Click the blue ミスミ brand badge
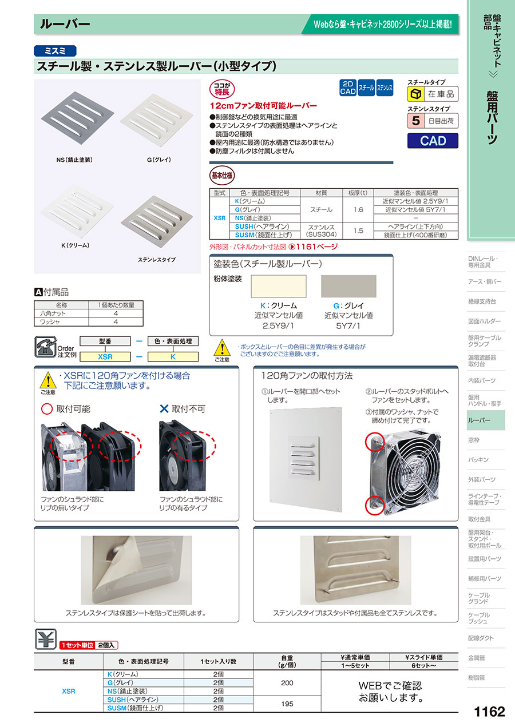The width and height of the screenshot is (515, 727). [55, 51]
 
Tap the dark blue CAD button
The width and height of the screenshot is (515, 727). [433, 141]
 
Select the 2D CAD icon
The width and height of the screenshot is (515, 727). [348, 88]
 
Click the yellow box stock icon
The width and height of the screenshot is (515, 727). [415, 94]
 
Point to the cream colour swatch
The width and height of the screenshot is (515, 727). [279, 286]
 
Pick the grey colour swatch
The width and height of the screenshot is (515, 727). [348, 286]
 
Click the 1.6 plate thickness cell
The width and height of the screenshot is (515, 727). [358, 210]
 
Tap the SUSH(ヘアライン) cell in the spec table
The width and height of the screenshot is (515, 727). [264, 227]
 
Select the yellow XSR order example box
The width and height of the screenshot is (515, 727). [105, 357]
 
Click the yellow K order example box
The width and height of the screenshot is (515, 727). [173, 357]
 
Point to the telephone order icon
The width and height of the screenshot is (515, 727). [45, 347]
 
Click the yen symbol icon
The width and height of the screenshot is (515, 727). [45, 639]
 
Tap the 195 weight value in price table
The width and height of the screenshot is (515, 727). [287, 704]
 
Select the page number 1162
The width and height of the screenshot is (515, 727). [489, 712]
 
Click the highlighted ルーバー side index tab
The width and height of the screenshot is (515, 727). [486, 420]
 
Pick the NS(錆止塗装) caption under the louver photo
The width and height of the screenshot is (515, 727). [74, 160]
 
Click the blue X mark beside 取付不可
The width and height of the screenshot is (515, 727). [164, 408]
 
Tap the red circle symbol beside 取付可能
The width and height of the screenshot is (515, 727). [47, 409]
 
